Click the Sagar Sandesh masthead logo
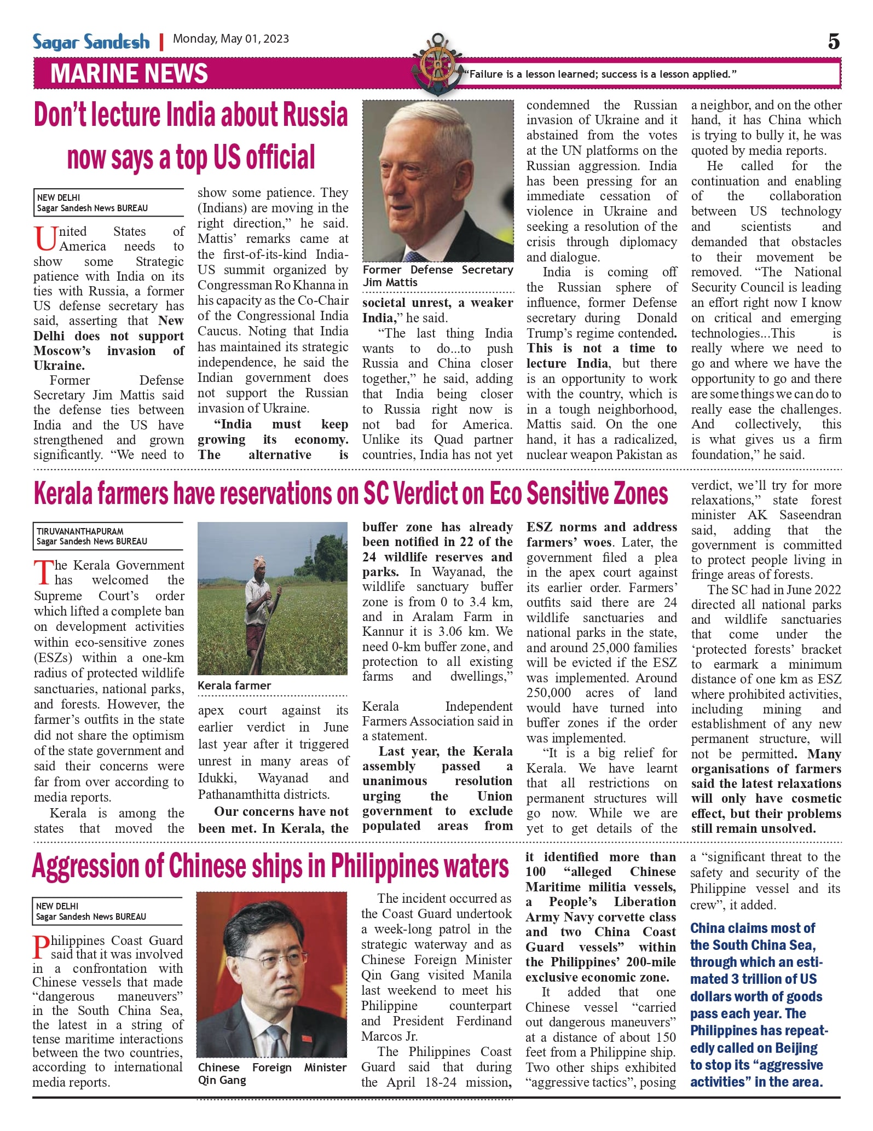tap(91, 42)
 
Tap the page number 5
tap(833, 42)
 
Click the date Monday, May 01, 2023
tap(230, 39)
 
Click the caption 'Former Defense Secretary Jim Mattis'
tap(437, 276)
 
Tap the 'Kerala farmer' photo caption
tap(234, 686)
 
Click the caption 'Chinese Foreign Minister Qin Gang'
tap(272, 1074)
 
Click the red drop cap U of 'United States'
tap(45, 239)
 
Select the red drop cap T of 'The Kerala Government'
tap(44, 572)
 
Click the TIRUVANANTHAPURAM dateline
tap(80, 531)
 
